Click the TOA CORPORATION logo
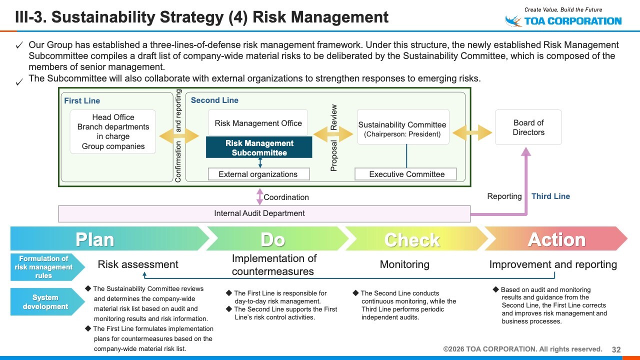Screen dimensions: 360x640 (x=563, y=20)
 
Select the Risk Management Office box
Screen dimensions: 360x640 (x=258, y=123)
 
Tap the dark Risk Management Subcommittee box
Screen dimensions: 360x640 (x=259, y=148)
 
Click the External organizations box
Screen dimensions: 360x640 (x=258, y=174)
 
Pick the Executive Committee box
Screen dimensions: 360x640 (x=406, y=174)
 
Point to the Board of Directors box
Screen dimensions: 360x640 (x=528, y=127)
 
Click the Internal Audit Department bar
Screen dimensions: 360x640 (x=264, y=213)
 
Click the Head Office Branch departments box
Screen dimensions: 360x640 (x=113, y=132)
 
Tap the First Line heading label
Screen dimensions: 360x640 (x=82, y=100)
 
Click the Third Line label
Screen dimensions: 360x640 (x=550, y=196)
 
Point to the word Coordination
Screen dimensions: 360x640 (x=286, y=197)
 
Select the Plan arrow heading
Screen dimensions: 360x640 (x=95, y=239)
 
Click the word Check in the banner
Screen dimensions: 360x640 (x=412, y=240)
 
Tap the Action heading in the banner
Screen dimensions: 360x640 (x=556, y=239)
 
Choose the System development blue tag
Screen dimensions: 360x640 (x=45, y=302)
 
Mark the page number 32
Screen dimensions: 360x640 (x=616, y=349)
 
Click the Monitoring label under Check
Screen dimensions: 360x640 (x=404, y=264)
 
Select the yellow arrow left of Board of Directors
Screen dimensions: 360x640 (x=472, y=132)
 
